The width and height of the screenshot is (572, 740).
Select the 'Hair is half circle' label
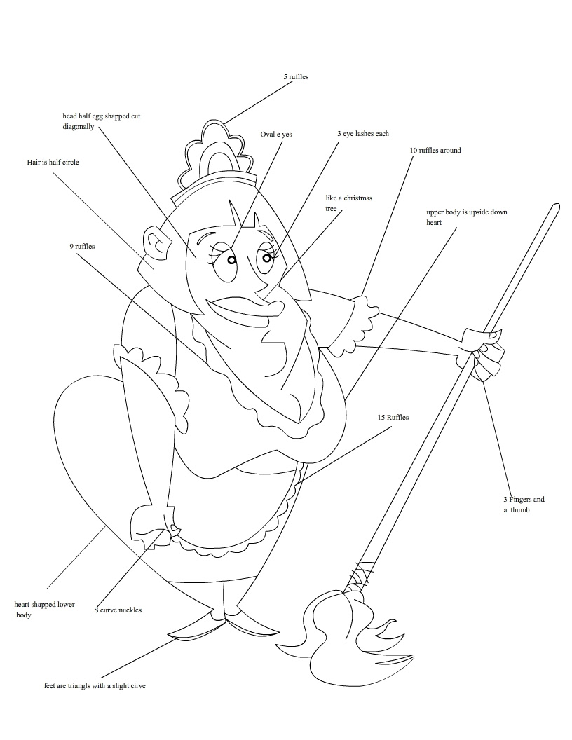point(53,162)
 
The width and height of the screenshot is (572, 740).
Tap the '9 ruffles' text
point(82,246)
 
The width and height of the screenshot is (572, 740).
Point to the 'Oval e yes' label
point(276,134)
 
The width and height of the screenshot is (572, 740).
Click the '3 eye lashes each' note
point(362,133)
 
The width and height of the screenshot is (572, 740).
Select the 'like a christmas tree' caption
point(348,203)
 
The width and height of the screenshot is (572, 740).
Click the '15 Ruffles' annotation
point(393,417)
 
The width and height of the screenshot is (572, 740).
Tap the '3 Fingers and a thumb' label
point(523,505)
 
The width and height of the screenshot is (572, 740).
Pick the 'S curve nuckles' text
point(118,610)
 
